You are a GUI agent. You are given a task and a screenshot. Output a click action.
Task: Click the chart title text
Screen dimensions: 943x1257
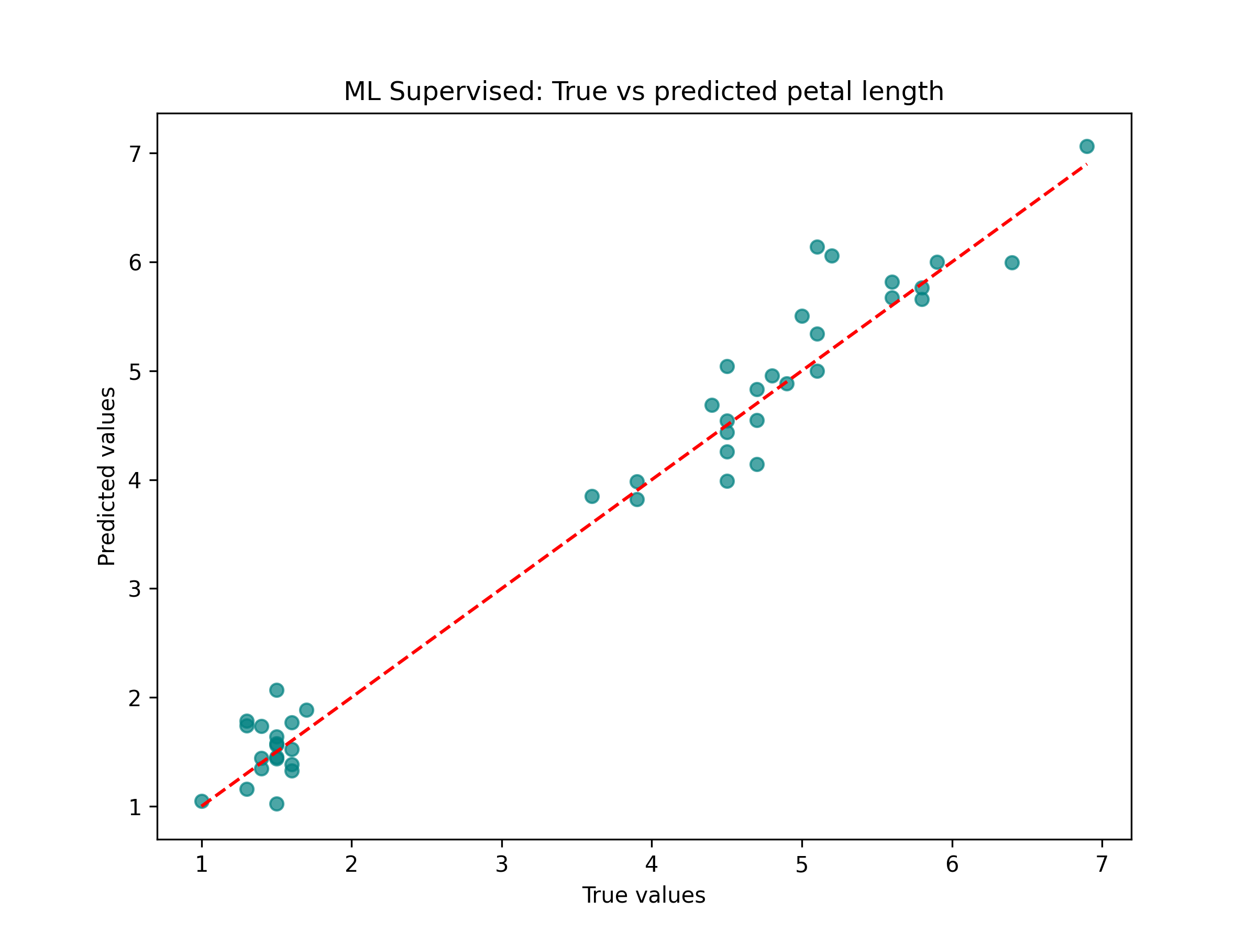coord(644,92)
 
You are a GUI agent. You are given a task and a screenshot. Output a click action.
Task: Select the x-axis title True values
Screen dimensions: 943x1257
coord(644,895)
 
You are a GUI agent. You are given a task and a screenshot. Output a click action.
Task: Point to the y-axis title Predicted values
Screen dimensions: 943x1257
coord(107,476)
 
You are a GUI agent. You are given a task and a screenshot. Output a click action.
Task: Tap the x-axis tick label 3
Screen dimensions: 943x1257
coord(501,864)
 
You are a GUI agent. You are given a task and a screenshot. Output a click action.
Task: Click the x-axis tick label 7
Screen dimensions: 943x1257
coord(1102,864)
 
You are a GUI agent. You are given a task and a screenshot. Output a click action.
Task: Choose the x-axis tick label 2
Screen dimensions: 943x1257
coord(351,864)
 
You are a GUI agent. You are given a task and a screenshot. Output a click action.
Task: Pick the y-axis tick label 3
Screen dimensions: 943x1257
coord(135,589)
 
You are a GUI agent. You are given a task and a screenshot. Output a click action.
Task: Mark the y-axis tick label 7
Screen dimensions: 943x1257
coord(135,153)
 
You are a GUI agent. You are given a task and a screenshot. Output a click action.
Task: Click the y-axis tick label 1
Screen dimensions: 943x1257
coord(135,807)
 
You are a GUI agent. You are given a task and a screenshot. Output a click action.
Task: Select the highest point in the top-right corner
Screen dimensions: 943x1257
coord(1087,147)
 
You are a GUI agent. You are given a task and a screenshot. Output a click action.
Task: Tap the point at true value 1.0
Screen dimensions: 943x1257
coord(202,802)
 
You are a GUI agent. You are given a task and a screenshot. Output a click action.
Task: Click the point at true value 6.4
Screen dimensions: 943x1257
coord(1011,262)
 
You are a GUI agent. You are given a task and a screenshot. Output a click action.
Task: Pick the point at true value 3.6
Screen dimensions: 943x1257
coord(591,496)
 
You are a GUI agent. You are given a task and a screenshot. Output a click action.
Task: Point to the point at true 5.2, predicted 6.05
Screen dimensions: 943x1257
coord(832,256)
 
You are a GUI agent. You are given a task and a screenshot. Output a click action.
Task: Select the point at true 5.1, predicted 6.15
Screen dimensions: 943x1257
coord(817,247)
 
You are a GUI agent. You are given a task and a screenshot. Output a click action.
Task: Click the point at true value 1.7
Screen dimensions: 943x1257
coord(306,710)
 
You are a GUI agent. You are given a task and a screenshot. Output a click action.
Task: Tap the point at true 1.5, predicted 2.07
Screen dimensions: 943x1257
coord(277,690)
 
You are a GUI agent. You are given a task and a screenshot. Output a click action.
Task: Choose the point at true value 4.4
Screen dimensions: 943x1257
coord(711,405)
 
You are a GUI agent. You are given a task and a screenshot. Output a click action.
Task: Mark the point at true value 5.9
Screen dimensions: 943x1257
coord(937,262)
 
